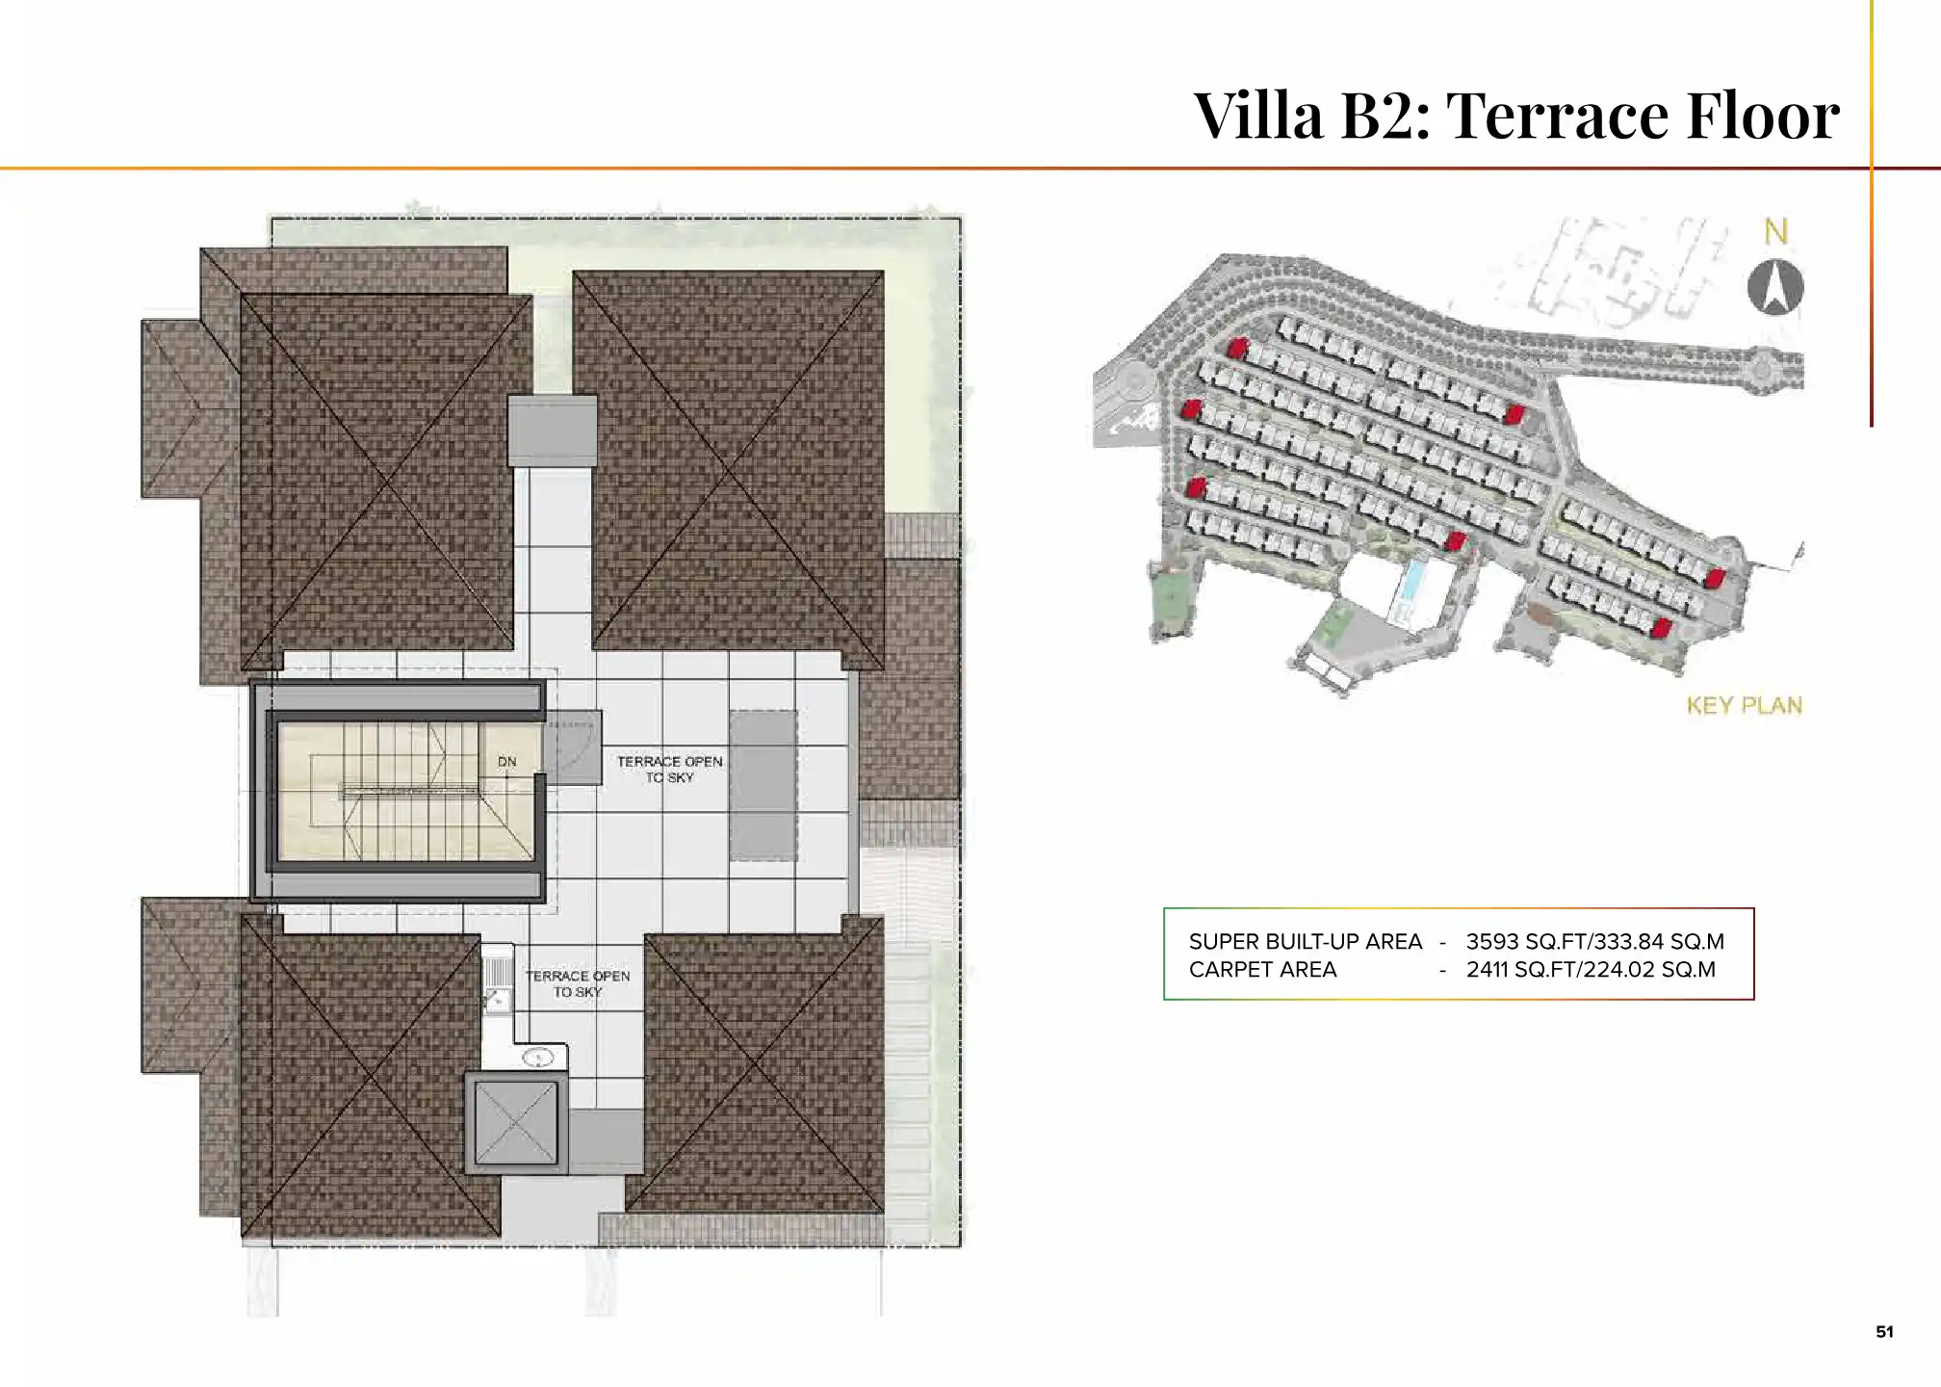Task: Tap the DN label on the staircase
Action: [x=506, y=762]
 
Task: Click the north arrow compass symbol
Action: [x=1774, y=288]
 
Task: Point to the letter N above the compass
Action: [x=1775, y=232]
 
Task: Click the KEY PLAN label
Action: [x=1744, y=706]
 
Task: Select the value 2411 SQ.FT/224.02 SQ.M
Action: [x=1591, y=970]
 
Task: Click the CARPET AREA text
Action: [x=1262, y=970]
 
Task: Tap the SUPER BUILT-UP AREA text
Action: [x=1305, y=941]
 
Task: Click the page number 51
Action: [x=1884, y=1332]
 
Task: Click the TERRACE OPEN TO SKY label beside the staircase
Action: [x=669, y=769]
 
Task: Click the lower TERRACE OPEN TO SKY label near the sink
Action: [x=578, y=983]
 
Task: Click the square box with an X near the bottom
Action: [x=515, y=1122]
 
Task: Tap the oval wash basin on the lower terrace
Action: [x=538, y=1059]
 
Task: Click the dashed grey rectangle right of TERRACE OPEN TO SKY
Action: [x=763, y=785]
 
